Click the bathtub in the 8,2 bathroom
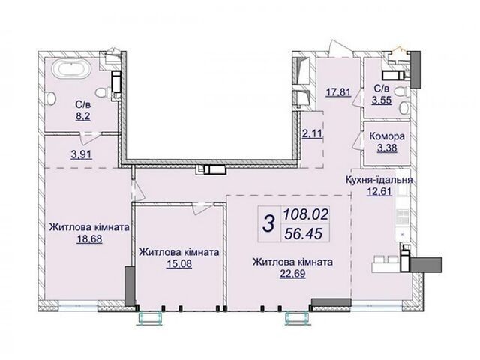click(71, 70)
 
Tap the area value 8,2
click(83, 116)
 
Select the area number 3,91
click(81, 155)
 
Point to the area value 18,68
click(89, 238)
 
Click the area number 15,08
click(179, 263)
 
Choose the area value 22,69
click(292, 273)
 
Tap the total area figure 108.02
click(305, 214)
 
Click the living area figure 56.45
click(303, 234)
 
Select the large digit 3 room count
click(269, 223)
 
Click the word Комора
click(387, 136)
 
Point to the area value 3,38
click(387, 148)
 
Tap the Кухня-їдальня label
click(379, 180)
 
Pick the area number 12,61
click(379, 192)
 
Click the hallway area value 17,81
click(338, 91)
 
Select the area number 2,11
click(312, 133)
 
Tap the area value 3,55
click(382, 100)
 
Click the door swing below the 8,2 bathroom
click(88, 138)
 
